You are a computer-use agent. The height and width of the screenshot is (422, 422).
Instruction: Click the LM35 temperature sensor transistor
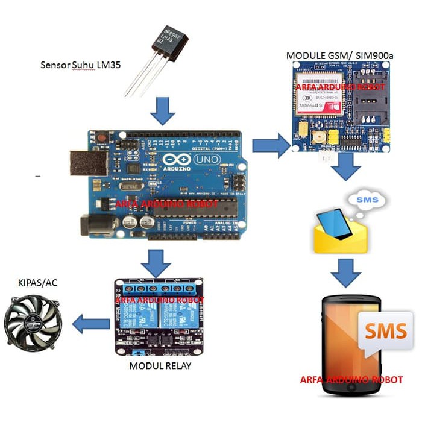coord(162,45)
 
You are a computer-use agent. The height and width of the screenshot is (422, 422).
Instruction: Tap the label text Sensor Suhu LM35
coord(75,65)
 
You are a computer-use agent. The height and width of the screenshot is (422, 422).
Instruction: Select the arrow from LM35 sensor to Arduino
coord(161,109)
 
